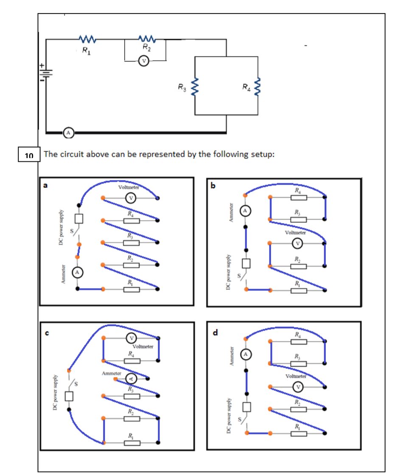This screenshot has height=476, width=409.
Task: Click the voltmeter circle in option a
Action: click(130, 198)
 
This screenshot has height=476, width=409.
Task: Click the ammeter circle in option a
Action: click(77, 272)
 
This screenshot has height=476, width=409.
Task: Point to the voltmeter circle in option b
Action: click(298, 243)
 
